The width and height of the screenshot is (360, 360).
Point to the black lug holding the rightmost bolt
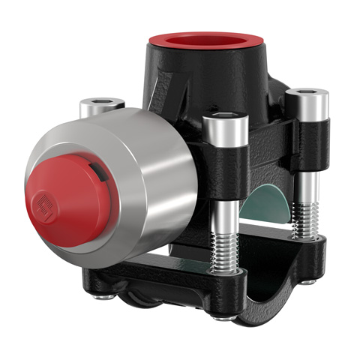tap(307, 142)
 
